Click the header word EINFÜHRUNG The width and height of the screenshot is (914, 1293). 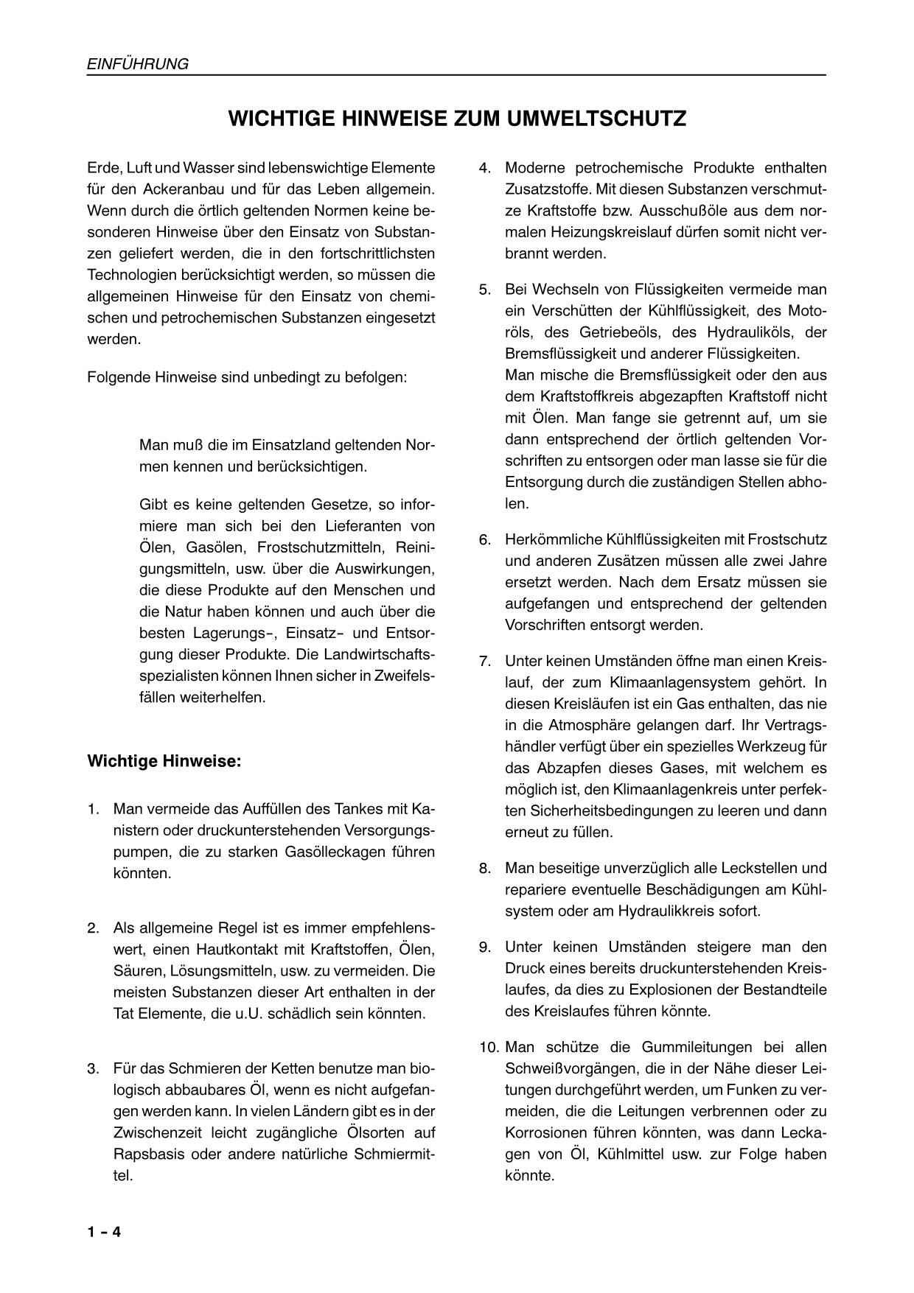click(138, 64)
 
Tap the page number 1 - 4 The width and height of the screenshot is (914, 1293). click(104, 1232)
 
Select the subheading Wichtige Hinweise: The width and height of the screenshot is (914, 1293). click(164, 760)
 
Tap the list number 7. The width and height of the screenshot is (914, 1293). click(484, 661)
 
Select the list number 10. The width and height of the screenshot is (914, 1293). click(487, 1047)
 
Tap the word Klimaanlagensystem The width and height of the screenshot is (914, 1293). click(687, 682)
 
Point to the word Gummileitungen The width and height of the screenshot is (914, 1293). click(682, 1047)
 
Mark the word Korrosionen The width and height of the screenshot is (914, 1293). click(548, 1132)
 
